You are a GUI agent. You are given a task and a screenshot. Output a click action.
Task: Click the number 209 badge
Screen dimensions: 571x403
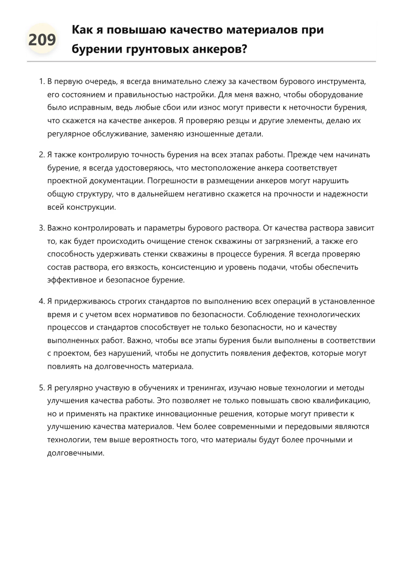point(42,40)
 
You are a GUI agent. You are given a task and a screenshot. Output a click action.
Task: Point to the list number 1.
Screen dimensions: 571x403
point(41,81)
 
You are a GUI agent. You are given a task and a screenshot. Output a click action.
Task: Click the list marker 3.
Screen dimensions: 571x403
point(41,228)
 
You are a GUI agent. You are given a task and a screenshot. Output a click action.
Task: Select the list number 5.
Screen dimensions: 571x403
point(41,388)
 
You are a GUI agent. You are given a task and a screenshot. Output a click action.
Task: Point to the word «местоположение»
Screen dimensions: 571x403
point(222,168)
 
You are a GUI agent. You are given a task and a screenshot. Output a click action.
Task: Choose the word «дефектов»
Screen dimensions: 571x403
point(290,353)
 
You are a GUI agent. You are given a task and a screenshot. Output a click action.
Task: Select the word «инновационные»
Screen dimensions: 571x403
point(186,414)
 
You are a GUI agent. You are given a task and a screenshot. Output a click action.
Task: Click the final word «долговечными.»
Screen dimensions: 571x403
point(76,453)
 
